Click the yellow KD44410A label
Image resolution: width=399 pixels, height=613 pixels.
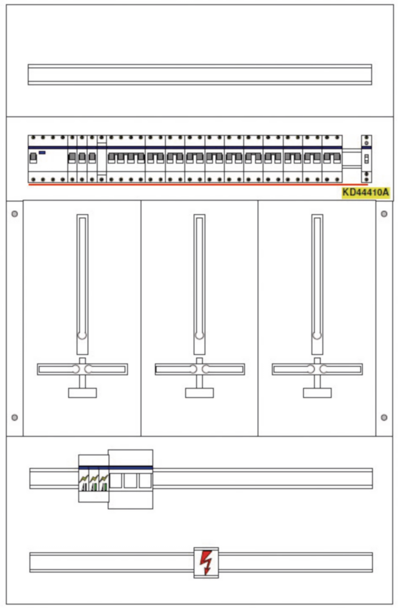pos(365,192)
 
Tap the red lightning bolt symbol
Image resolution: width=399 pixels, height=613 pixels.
pos(206,562)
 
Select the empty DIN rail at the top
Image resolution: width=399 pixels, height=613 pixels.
pos(200,74)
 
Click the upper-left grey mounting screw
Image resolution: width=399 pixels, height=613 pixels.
pos(14,214)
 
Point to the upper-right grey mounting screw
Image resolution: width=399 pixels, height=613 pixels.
pos(384,214)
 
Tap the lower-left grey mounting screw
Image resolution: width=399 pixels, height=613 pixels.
pos(14,417)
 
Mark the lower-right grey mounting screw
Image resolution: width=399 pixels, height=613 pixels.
pos(384,417)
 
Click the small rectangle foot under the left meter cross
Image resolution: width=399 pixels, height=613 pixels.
pos(82,393)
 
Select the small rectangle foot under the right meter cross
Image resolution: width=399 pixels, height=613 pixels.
pos(317,393)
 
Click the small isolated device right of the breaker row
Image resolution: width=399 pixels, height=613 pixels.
pos(366,159)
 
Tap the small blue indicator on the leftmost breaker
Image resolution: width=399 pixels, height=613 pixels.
pos(42,153)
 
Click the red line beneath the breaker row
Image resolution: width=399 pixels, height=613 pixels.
pos(198,185)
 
